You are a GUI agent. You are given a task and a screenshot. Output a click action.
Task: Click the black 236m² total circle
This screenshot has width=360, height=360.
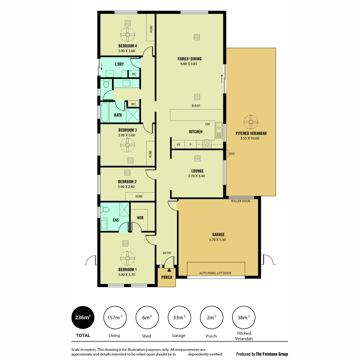click(83, 317)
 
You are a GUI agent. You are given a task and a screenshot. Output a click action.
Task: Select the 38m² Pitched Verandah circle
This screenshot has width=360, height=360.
click(244, 317)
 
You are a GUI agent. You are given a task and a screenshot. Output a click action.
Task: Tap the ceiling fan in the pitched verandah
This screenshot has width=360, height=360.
click(251, 122)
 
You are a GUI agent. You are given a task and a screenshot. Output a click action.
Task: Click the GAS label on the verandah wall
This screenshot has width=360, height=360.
click(232, 153)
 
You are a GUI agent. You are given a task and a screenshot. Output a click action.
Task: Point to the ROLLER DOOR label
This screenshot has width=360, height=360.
click(240, 201)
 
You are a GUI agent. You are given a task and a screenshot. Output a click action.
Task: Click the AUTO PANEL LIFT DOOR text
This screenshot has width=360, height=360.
click(215, 273)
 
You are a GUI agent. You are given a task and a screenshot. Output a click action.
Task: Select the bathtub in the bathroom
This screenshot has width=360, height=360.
click(105, 112)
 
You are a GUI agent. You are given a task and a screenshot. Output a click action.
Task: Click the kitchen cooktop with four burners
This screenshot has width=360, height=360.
click(207, 144)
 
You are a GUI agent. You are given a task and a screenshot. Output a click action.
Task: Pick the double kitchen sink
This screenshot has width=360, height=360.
click(219, 130)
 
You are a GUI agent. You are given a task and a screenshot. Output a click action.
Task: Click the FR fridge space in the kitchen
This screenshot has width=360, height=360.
click(178, 145)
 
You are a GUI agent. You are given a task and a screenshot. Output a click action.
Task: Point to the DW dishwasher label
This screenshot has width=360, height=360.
click(208, 124)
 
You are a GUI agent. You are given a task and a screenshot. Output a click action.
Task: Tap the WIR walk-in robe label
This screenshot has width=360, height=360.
click(140, 217)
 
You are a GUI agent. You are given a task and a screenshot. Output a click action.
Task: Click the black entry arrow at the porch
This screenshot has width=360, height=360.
click(169, 270)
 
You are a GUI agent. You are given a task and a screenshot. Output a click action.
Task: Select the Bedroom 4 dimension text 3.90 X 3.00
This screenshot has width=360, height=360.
click(127, 51)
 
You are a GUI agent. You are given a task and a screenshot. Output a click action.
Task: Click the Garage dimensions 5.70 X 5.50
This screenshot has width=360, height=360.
click(217, 239)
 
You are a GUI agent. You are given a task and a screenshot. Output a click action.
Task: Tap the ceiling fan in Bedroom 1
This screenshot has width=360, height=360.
click(127, 258)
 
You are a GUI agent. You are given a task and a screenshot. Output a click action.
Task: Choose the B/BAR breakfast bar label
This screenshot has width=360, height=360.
click(196, 106)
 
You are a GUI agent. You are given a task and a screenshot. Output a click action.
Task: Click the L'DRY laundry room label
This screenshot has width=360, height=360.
click(119, 64)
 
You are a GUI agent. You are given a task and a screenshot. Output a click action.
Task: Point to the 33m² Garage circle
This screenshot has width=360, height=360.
click(179, 317)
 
